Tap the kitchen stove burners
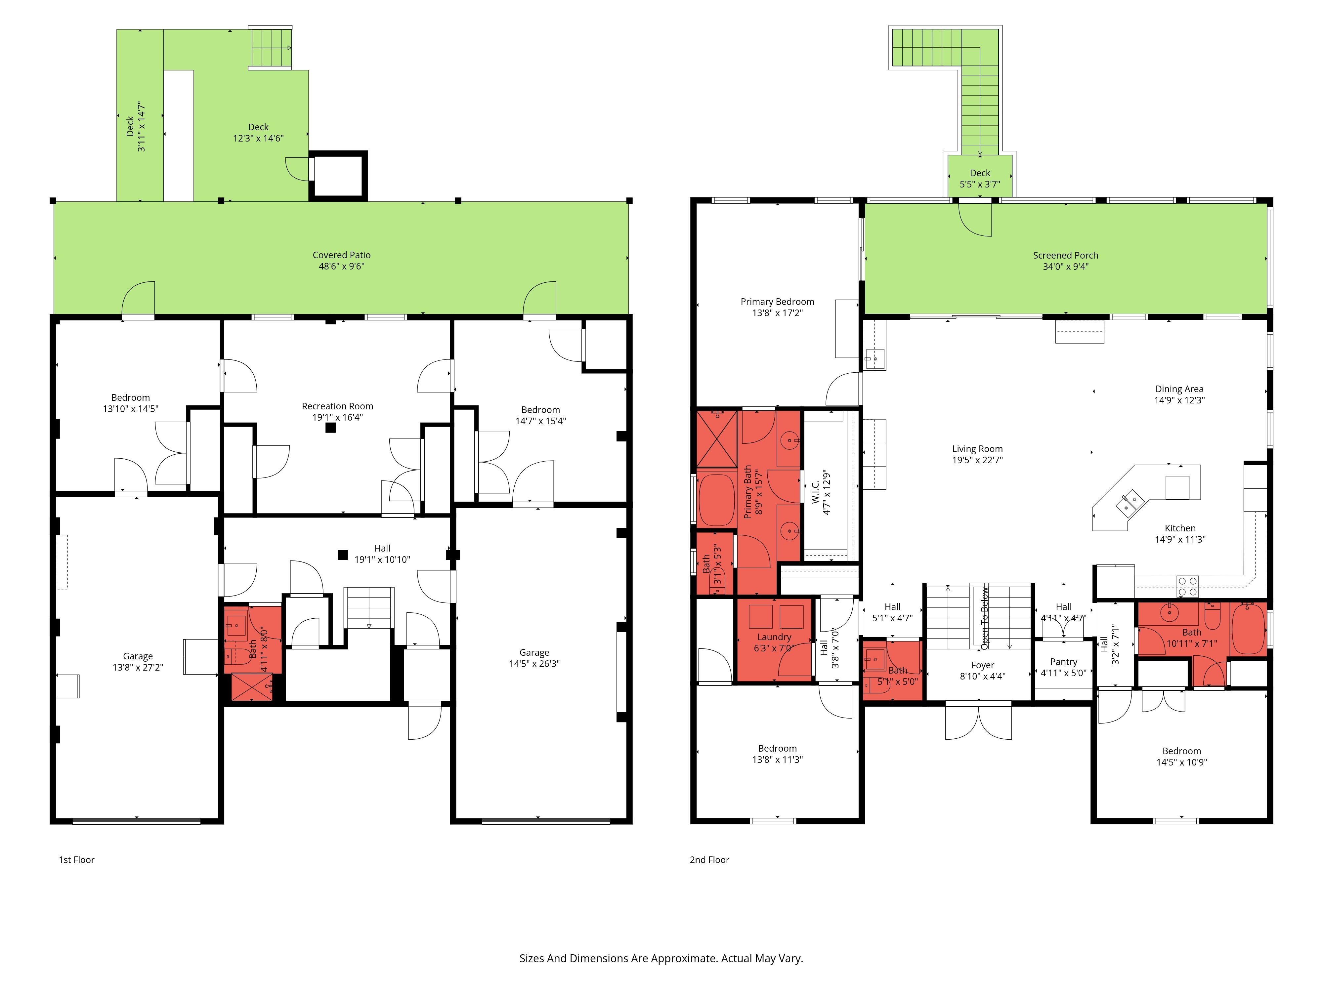1188,586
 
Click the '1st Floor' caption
76,860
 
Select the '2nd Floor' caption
709,860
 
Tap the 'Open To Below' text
984,618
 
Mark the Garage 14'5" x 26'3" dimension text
534,664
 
